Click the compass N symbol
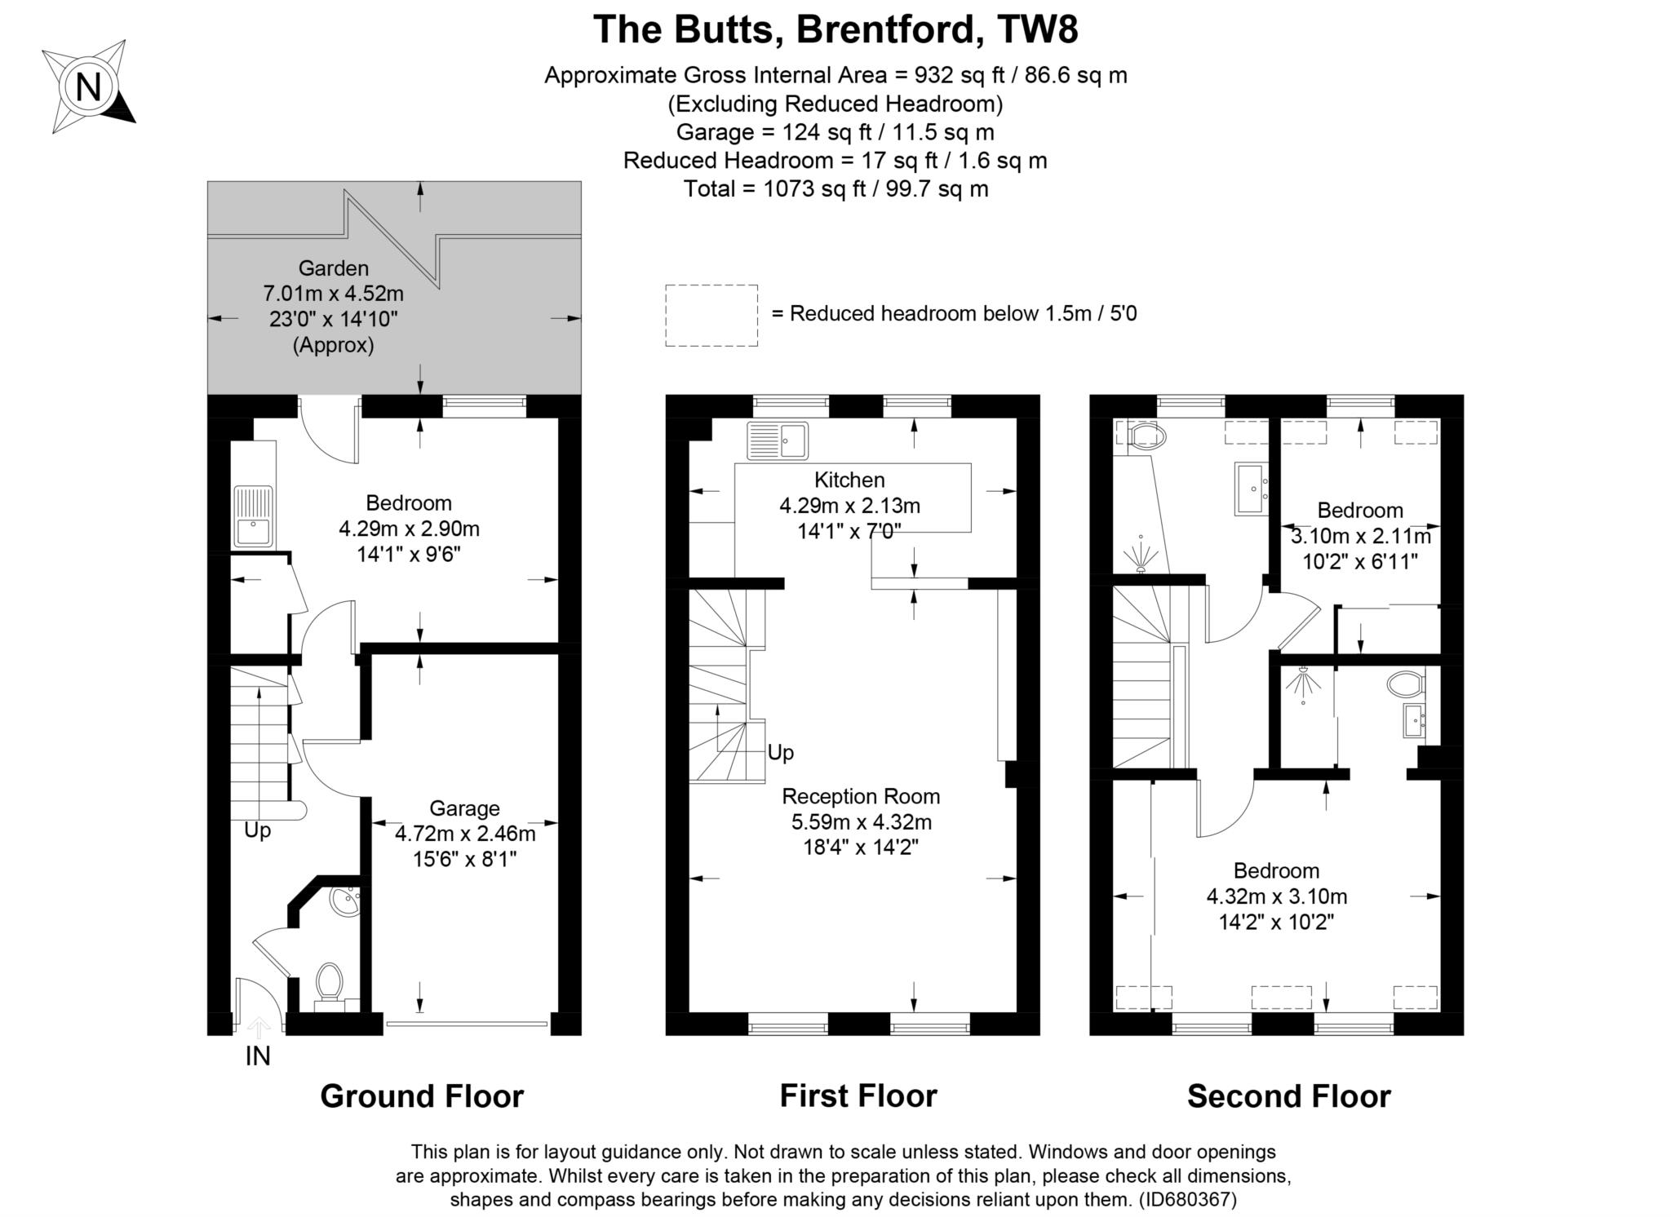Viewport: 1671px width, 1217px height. point(88,86)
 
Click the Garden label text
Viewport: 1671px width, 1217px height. point(333,268)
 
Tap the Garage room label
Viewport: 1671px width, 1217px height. point(464,808)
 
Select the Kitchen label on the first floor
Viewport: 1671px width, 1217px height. point(849,480)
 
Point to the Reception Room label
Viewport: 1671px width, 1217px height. point(861,796)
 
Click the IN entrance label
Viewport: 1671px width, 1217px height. point(258,1056)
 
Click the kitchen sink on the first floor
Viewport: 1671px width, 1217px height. point(777,440)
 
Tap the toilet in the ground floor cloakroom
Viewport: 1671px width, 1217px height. point(329,982)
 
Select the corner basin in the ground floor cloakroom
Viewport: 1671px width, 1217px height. point(346,901)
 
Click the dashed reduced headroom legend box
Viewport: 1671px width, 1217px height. point(711,315)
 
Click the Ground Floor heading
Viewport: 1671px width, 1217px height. point(421,1096)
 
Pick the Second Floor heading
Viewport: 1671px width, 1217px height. point(1288,1096)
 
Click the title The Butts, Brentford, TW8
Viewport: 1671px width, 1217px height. point(835,29)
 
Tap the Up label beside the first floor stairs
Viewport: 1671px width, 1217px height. point(780,752)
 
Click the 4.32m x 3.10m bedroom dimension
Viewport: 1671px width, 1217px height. point(1276,896)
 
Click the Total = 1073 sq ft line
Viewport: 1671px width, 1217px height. point(835,189)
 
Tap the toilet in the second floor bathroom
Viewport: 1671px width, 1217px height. point(1144,436)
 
